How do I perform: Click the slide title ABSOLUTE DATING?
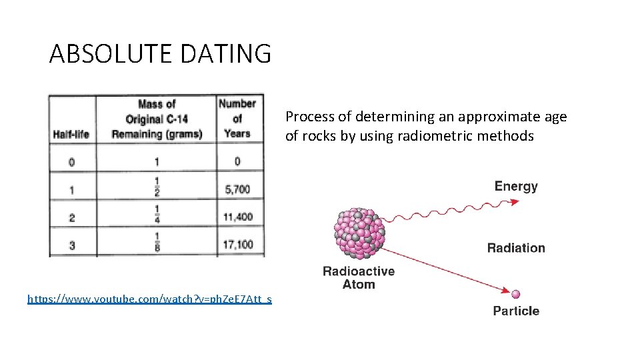(x=160, y=53)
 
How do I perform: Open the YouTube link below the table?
(x=149, y=299)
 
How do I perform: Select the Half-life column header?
(x=71, y=134)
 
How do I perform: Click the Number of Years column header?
(x=237, y=119)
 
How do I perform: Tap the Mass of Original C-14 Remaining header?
(x=157, y=119)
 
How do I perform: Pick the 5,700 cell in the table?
(x=237, y=189)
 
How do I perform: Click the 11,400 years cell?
(x=237, y=217)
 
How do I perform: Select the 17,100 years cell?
(x=237, y=245)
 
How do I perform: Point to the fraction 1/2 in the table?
(x=157, y=189)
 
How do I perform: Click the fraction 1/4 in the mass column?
(x=157, y=217)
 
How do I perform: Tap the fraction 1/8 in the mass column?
(x=157, y=245)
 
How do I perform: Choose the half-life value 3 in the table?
(x=72, y=245)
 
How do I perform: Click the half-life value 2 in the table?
(x=72, y=217)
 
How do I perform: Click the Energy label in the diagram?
(x=516, y=186)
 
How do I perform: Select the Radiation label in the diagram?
(x=516, y=248)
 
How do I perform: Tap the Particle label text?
(x=516, y=311)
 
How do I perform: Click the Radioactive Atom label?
(x=359, y=278)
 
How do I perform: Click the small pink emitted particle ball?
(x=515, y=293)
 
